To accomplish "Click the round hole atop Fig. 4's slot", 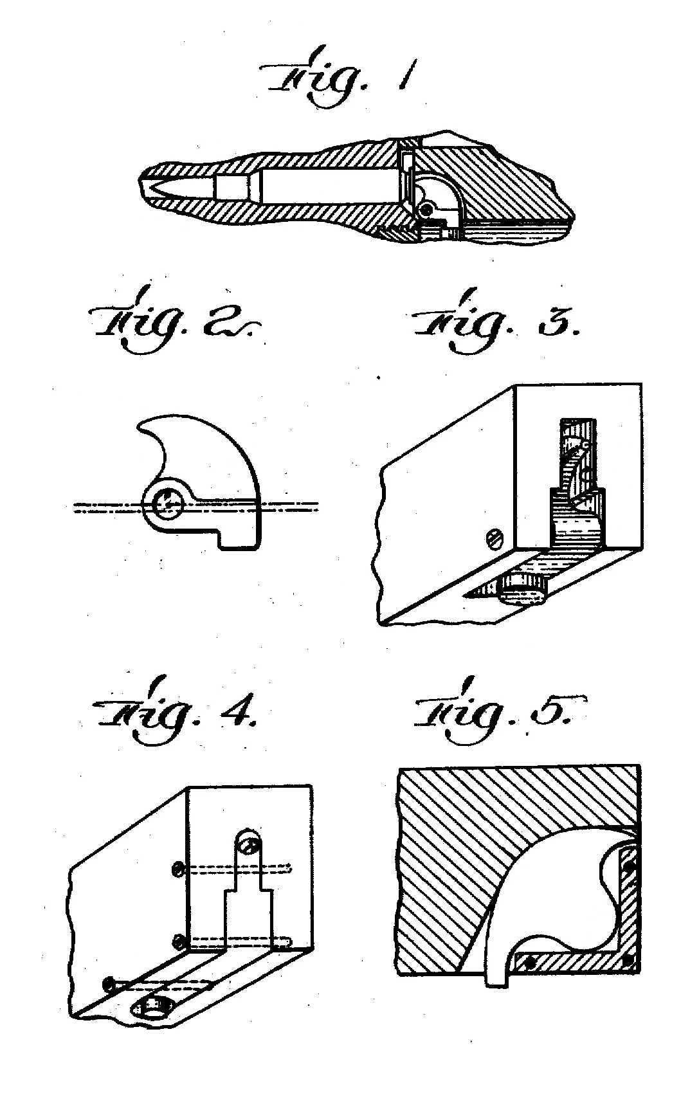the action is coord(248,840).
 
